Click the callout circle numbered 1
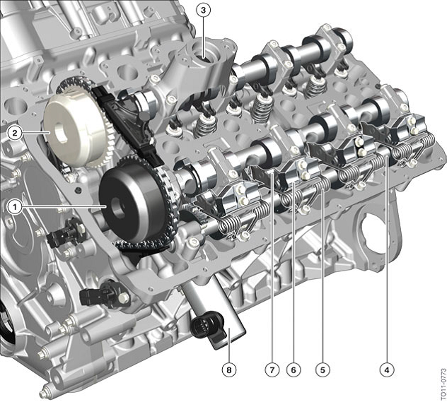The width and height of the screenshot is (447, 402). coord(13,206)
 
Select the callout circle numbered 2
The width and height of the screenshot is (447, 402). coord(13,132)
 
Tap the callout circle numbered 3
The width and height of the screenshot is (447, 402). coord(204,11)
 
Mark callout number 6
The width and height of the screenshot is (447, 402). coord(293,368)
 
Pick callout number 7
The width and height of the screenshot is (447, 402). coord(269,368)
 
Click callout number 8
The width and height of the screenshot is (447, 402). coord(230,368)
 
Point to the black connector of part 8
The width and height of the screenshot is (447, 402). coord(202,327)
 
